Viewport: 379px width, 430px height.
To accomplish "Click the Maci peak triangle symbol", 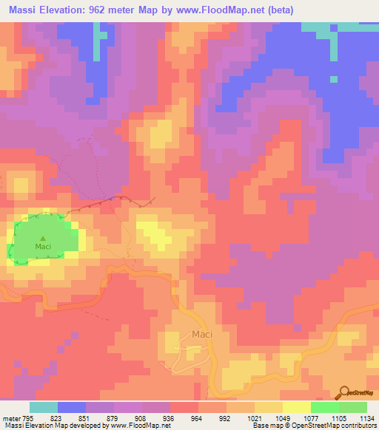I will (x=42, y=237).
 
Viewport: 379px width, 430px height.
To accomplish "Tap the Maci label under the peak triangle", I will (x=43, y=246).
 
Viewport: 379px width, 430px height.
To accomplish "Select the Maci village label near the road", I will (x=202, y=334).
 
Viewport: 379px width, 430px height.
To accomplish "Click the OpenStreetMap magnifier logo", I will (x=345, y=393).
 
